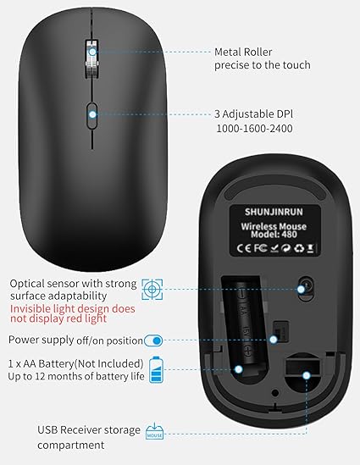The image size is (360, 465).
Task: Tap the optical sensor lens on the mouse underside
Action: [x=302, y=288]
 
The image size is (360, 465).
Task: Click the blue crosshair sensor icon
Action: [x=152, y=289]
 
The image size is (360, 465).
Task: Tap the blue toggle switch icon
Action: [x=153, y=340]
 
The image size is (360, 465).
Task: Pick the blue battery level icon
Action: [x=156, y=368]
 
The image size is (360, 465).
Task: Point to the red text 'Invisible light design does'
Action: [x=73, y=309]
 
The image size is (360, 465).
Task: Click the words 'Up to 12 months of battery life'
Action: [x=77, y=375]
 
